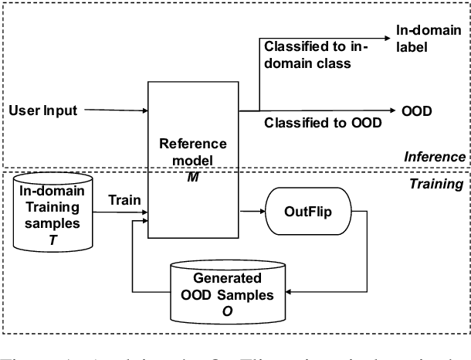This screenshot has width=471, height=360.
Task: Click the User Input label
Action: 43,110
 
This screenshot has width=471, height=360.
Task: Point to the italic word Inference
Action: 435,158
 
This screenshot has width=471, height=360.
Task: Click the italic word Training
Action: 437,184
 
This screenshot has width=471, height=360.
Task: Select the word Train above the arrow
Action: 124,199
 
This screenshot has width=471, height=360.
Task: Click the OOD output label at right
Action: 417,110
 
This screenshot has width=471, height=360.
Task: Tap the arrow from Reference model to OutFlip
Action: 255,209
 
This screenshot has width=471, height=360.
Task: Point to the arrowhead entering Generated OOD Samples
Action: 289,292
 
